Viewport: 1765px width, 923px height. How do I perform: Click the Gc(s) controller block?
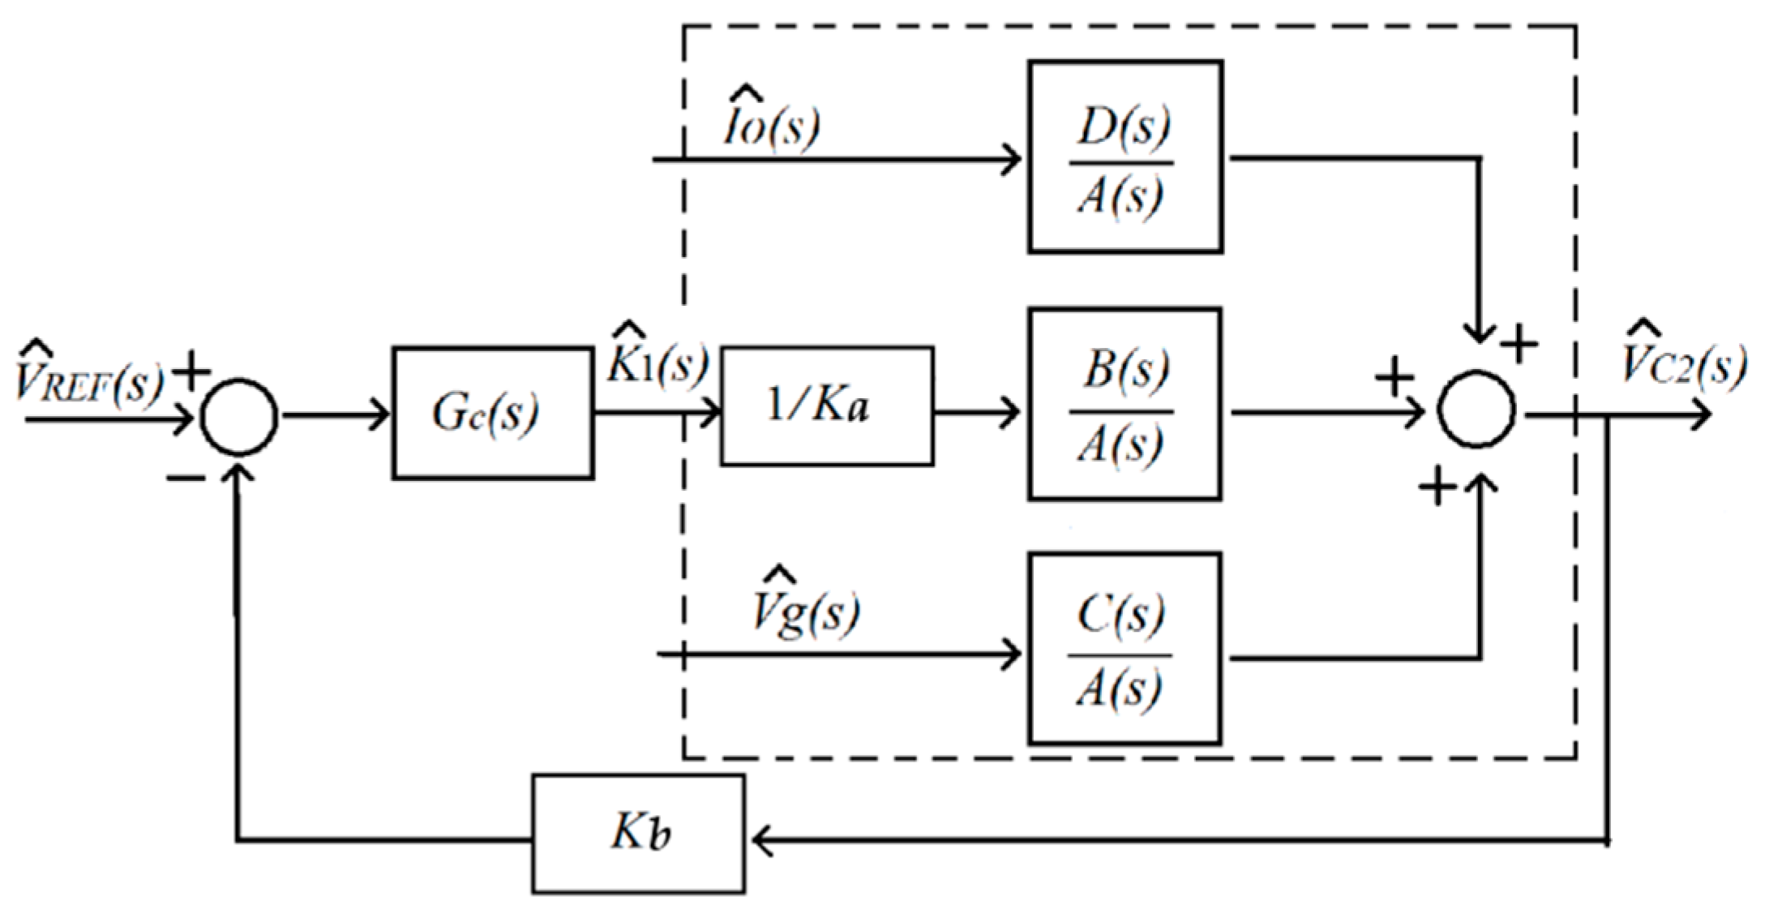coord(492,414)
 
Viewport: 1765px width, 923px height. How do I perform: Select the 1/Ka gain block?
coord(826,406)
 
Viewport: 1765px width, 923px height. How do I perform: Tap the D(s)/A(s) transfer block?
coord(1125,157)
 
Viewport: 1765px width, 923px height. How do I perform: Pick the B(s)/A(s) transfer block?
coord(1125,404)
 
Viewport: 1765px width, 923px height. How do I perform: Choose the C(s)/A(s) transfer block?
coord(1125,649)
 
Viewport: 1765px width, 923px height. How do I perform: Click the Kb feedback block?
coord(639,834)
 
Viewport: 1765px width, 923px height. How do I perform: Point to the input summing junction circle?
coord(239,417)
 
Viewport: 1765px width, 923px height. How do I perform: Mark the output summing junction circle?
coord(1476,410)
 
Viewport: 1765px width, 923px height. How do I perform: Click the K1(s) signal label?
coord(657,361)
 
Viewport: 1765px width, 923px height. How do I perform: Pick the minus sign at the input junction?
coord(186,479)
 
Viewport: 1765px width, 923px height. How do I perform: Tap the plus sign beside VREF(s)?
coord(191,372)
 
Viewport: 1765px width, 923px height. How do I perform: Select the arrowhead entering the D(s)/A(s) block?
coord(1013,158)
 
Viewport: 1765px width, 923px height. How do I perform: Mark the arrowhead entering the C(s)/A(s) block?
coord(1013,654)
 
